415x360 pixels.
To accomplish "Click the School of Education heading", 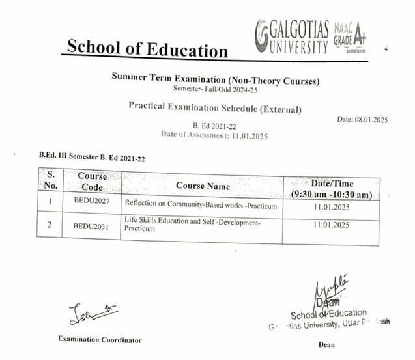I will point(147,49).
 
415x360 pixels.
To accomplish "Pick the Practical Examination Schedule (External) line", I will point(214,107).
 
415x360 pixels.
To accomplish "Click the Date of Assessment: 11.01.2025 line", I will point(214,135).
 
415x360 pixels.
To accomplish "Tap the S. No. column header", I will point(51,180).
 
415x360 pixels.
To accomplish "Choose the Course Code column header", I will point(92,181).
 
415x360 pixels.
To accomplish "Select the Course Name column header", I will point(203,186).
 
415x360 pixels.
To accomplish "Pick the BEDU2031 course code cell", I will point(91,227).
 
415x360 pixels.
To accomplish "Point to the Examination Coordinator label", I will point(100,339).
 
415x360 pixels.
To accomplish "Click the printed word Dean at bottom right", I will point(327,344).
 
